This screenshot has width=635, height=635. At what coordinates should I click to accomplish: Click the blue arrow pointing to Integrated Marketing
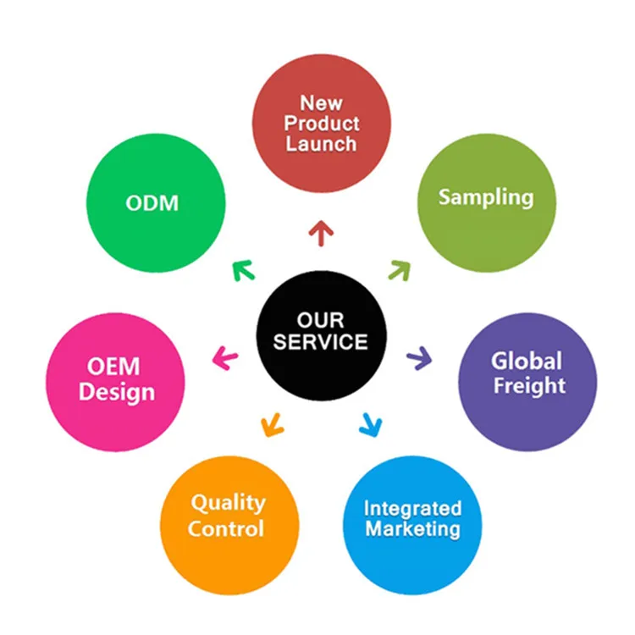coord(369,423)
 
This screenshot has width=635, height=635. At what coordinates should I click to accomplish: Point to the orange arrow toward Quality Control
coord(271,422)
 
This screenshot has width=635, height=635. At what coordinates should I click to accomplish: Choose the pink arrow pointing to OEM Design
coord(224,358)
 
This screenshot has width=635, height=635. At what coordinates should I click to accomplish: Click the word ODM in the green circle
coord(153,203)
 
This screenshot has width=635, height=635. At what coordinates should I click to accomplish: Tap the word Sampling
coord(486,197)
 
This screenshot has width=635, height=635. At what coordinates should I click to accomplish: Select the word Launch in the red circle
coord(321,144)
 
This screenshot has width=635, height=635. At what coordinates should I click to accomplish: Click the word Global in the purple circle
coord(527,362)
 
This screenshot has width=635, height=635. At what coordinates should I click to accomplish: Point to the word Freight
coord(528,385)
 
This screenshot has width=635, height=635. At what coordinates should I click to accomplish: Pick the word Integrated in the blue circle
coord(412,509)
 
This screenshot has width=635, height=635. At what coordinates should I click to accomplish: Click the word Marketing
coord(412,530)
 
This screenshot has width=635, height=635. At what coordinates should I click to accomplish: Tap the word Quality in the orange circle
coord(227,504)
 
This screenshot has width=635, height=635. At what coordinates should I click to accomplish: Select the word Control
coord(226,529)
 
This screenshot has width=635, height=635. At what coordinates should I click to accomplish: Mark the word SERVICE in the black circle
coord(321,342)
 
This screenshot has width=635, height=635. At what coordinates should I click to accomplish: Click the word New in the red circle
coord(321,103)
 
